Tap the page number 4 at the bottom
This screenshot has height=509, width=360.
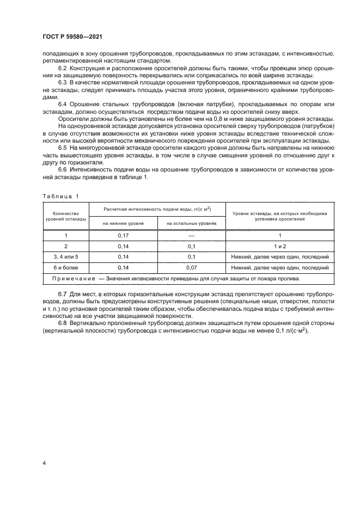tap(44, 463)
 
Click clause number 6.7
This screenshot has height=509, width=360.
tap(63, 295)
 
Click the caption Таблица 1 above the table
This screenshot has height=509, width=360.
tap(60, 196)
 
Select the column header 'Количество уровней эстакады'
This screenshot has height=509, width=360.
tap(66, 216)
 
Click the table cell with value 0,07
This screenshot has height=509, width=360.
tap(191, 268)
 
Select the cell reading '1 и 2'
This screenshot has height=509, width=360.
tap(279, 246)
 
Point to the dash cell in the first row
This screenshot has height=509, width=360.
tap(191, 235)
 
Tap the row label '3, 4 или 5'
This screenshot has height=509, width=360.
tap(66, 257)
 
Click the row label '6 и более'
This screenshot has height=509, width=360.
tap(66, 268)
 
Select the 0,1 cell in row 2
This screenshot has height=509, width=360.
tap(191, 246)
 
